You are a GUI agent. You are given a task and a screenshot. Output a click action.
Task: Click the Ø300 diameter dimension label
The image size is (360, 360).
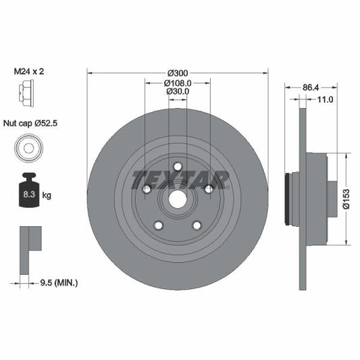(x=178, y=72)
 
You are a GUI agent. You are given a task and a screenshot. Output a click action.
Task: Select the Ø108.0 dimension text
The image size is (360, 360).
(x=178, y=82)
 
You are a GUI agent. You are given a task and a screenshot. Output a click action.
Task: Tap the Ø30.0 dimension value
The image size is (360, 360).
(x=178, y=93)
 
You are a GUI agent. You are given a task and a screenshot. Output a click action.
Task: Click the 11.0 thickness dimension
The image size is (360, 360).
(x=325, y=99)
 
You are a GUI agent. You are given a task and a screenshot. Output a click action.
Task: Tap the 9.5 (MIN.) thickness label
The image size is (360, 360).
(x=59, y=282)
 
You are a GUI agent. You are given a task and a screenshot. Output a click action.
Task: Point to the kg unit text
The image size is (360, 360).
(x=47, y=195)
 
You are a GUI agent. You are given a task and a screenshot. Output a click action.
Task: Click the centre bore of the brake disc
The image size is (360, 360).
(x=178, y=199)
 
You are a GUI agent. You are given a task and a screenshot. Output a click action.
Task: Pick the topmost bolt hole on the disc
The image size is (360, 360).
(x=178, y=167)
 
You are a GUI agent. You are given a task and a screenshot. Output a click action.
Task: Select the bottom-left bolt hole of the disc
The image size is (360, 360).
(x=158, y=226)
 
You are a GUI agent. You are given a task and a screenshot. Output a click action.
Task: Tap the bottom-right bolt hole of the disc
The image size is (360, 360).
(x=197, y=226)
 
